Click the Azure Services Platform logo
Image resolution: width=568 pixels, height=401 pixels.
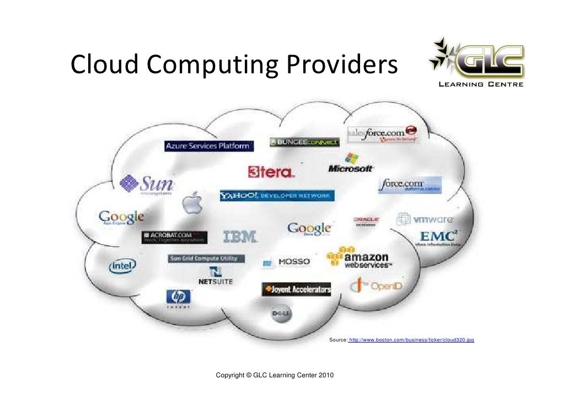(209, 146)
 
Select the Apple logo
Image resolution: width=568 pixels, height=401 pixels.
(191, 204)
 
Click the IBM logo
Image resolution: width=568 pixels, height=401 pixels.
(240, 237)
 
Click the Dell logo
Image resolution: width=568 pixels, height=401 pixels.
(281, 315)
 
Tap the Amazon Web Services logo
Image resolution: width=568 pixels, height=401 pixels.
(358, 258)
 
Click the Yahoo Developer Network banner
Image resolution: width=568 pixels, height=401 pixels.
(276, 196)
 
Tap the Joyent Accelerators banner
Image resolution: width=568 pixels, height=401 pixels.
(297, 289)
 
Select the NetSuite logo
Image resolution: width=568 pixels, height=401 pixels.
(215, 276)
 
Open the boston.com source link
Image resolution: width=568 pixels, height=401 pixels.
(411, 341)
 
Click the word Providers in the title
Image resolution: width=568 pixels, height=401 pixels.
(342, 65)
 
